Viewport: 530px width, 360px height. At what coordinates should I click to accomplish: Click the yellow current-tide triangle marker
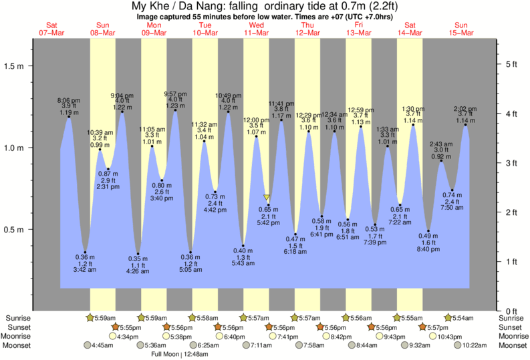click(267, 198)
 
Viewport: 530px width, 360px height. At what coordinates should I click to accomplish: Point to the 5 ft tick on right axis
click(511, 64)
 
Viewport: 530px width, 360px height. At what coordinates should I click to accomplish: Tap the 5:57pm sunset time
click(436, 327)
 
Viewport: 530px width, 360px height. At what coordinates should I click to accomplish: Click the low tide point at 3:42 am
click(85, 252)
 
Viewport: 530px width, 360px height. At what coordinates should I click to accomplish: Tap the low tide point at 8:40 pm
click(428, 231)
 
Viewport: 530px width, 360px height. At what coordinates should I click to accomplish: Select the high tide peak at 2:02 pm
click(465, 125)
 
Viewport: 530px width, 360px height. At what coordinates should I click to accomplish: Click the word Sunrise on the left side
click(17, 318)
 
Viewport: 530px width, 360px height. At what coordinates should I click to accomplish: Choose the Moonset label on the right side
click(513, 345)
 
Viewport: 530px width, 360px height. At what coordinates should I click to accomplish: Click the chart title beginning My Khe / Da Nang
click(265, 7)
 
